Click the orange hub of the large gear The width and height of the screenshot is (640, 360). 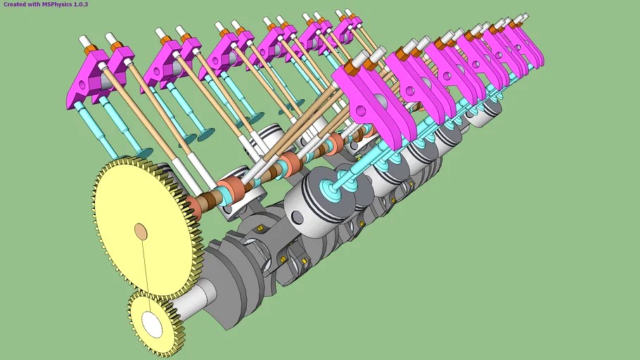click(141, 231)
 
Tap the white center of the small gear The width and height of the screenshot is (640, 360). click(151, 323)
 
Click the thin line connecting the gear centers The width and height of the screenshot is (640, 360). click(145, 274)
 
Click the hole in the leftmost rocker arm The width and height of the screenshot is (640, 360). click(82, 86)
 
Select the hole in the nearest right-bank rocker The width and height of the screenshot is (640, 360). click(361, 110)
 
